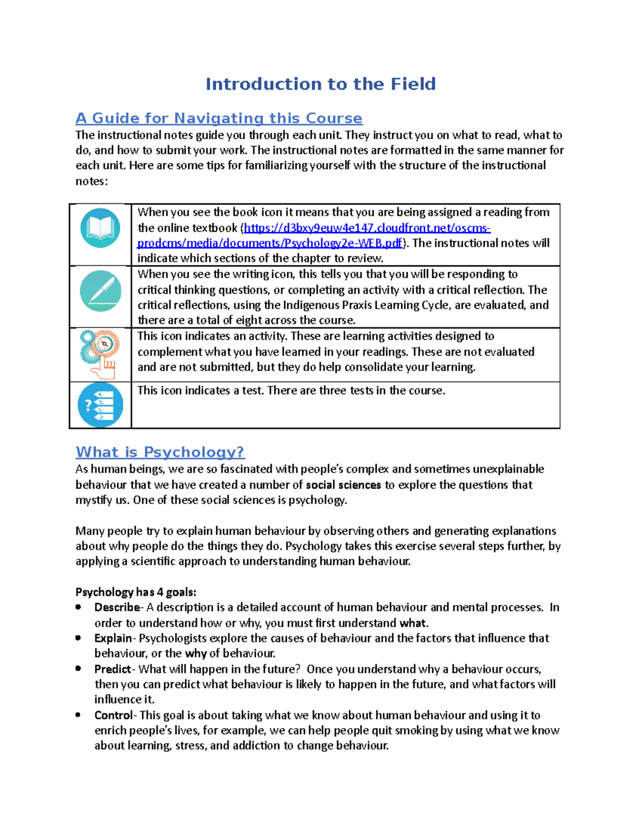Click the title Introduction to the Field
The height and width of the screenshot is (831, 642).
point(320,84)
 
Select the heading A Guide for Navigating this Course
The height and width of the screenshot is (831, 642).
point(219,118)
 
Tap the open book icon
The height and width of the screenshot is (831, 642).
point(100,227)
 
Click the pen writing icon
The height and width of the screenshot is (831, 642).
point(100,291)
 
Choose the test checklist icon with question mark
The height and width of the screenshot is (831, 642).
point(100,405)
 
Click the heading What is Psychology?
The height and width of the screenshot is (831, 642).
point(160,452)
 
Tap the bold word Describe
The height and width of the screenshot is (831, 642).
point(117,607)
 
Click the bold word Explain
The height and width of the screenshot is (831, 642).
point(113,638)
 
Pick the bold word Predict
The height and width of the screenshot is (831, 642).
point(112,669)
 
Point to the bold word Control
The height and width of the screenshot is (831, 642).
point(113,715)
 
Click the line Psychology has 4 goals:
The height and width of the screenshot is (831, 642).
point(136,592)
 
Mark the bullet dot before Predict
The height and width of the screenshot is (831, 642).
point(79,668)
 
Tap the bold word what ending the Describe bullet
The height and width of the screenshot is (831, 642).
point(412,623)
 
